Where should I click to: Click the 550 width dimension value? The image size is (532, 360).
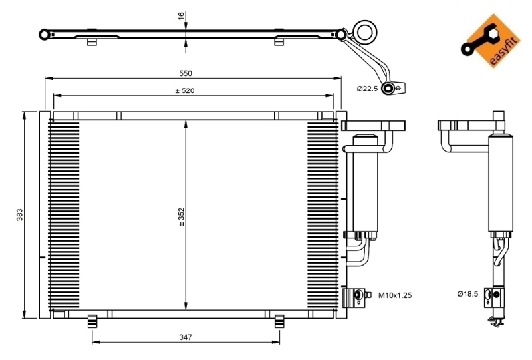(185, 73)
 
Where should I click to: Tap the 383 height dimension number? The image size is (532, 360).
(20, 216)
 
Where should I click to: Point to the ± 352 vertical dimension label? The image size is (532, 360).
(181, 217)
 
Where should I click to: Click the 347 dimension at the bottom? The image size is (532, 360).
(185, 337)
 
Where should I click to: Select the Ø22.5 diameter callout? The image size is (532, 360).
(367, 88)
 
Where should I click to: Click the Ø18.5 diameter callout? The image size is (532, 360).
(468, 293)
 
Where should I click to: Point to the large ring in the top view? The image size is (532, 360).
(364, 31)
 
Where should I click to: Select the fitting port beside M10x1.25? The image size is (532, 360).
(360, 294)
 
